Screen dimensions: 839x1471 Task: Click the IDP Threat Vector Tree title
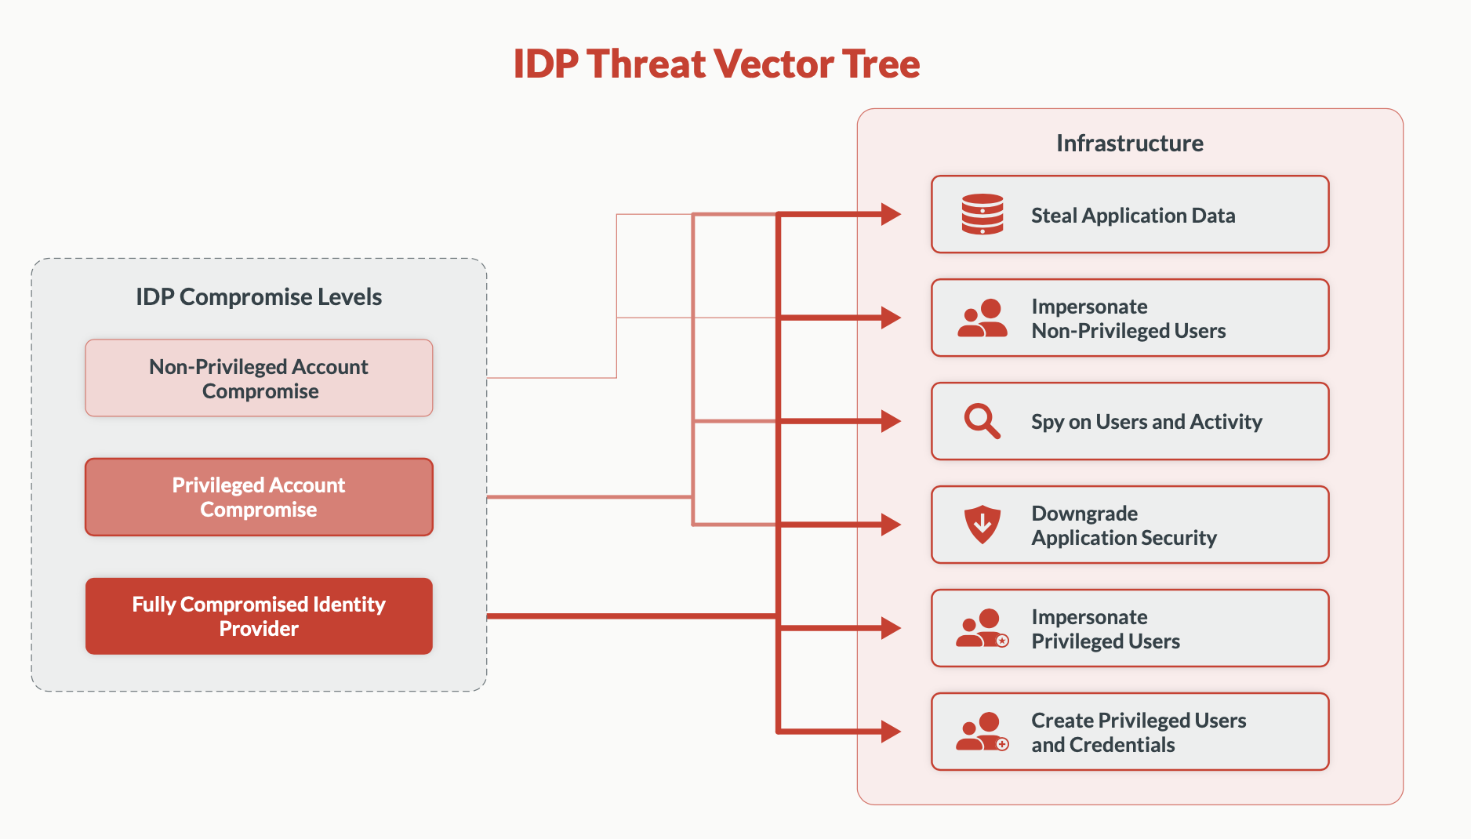pos(716,64)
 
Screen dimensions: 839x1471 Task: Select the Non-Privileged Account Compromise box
pos(259,378)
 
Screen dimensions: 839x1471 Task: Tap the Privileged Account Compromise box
pos(259,497)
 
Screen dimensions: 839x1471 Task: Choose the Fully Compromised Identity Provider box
pos(259,616)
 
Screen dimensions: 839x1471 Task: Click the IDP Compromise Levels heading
pos(259,297)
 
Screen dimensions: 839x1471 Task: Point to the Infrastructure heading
pos(1129,143)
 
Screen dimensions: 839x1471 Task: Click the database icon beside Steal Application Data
pos(982,214)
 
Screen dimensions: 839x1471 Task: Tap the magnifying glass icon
pos(982,421)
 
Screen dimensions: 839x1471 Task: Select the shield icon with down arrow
pos(982,524)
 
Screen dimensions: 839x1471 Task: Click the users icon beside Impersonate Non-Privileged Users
pos(982,318)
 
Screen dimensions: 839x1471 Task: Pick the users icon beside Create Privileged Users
pos(982,732)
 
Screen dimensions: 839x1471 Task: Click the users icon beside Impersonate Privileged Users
pos(982,628)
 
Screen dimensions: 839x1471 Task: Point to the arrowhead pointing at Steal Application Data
pos(891,214)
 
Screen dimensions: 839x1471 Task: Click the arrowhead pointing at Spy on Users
pos(891,421)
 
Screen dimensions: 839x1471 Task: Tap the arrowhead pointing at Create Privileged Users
pos(891,732)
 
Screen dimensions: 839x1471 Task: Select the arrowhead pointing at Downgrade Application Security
pos(891,525)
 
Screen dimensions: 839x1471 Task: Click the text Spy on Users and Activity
pos(1146,422)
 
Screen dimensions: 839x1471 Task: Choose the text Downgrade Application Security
pos(1124,525)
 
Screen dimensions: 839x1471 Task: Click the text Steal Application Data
pos(1133,216)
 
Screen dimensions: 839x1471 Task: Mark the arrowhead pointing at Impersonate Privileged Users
pos(891,628)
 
